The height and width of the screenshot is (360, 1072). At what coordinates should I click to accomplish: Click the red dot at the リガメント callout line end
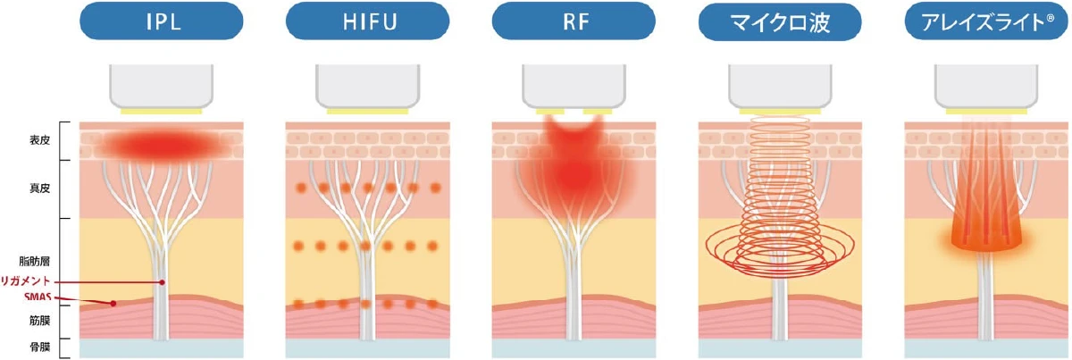pyautogui.click(x=163, y=281)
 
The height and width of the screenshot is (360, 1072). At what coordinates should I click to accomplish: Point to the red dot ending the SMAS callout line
pyautogui.click(x=113, y=303)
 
